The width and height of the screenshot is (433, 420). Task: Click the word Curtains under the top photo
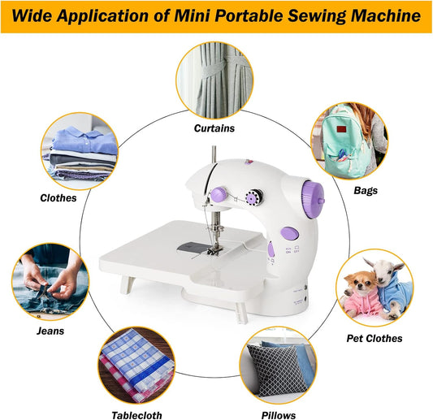point(214,128)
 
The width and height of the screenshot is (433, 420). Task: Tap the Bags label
point(365,190)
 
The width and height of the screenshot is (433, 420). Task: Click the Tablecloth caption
point(136,415)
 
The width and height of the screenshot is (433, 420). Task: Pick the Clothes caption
point(58,197)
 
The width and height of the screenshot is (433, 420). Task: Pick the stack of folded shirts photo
point(80,152)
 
